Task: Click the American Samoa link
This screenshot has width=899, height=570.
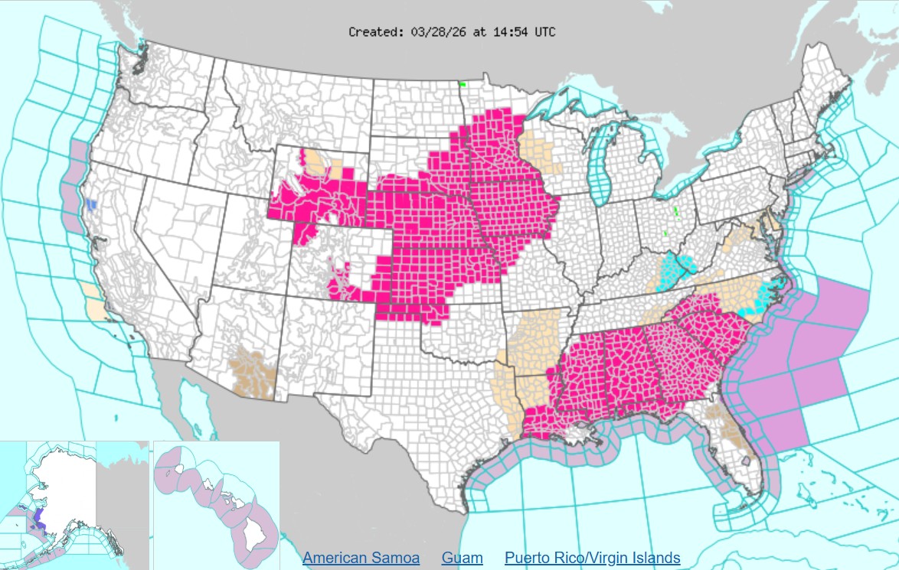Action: (x=361, y=558)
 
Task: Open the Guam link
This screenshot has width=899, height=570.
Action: (x=462, y=558)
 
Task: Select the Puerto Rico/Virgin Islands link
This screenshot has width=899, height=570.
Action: (x=592, y=558)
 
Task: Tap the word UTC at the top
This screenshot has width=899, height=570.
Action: (x=544, y=32)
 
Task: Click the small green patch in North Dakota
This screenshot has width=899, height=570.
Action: (x=462, y=84)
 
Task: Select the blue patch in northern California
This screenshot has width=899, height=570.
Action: (x=92, y=205)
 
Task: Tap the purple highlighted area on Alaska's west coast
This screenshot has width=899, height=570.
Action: (x=39, y=516)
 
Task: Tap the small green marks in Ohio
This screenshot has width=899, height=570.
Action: (x=676, y=211)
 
